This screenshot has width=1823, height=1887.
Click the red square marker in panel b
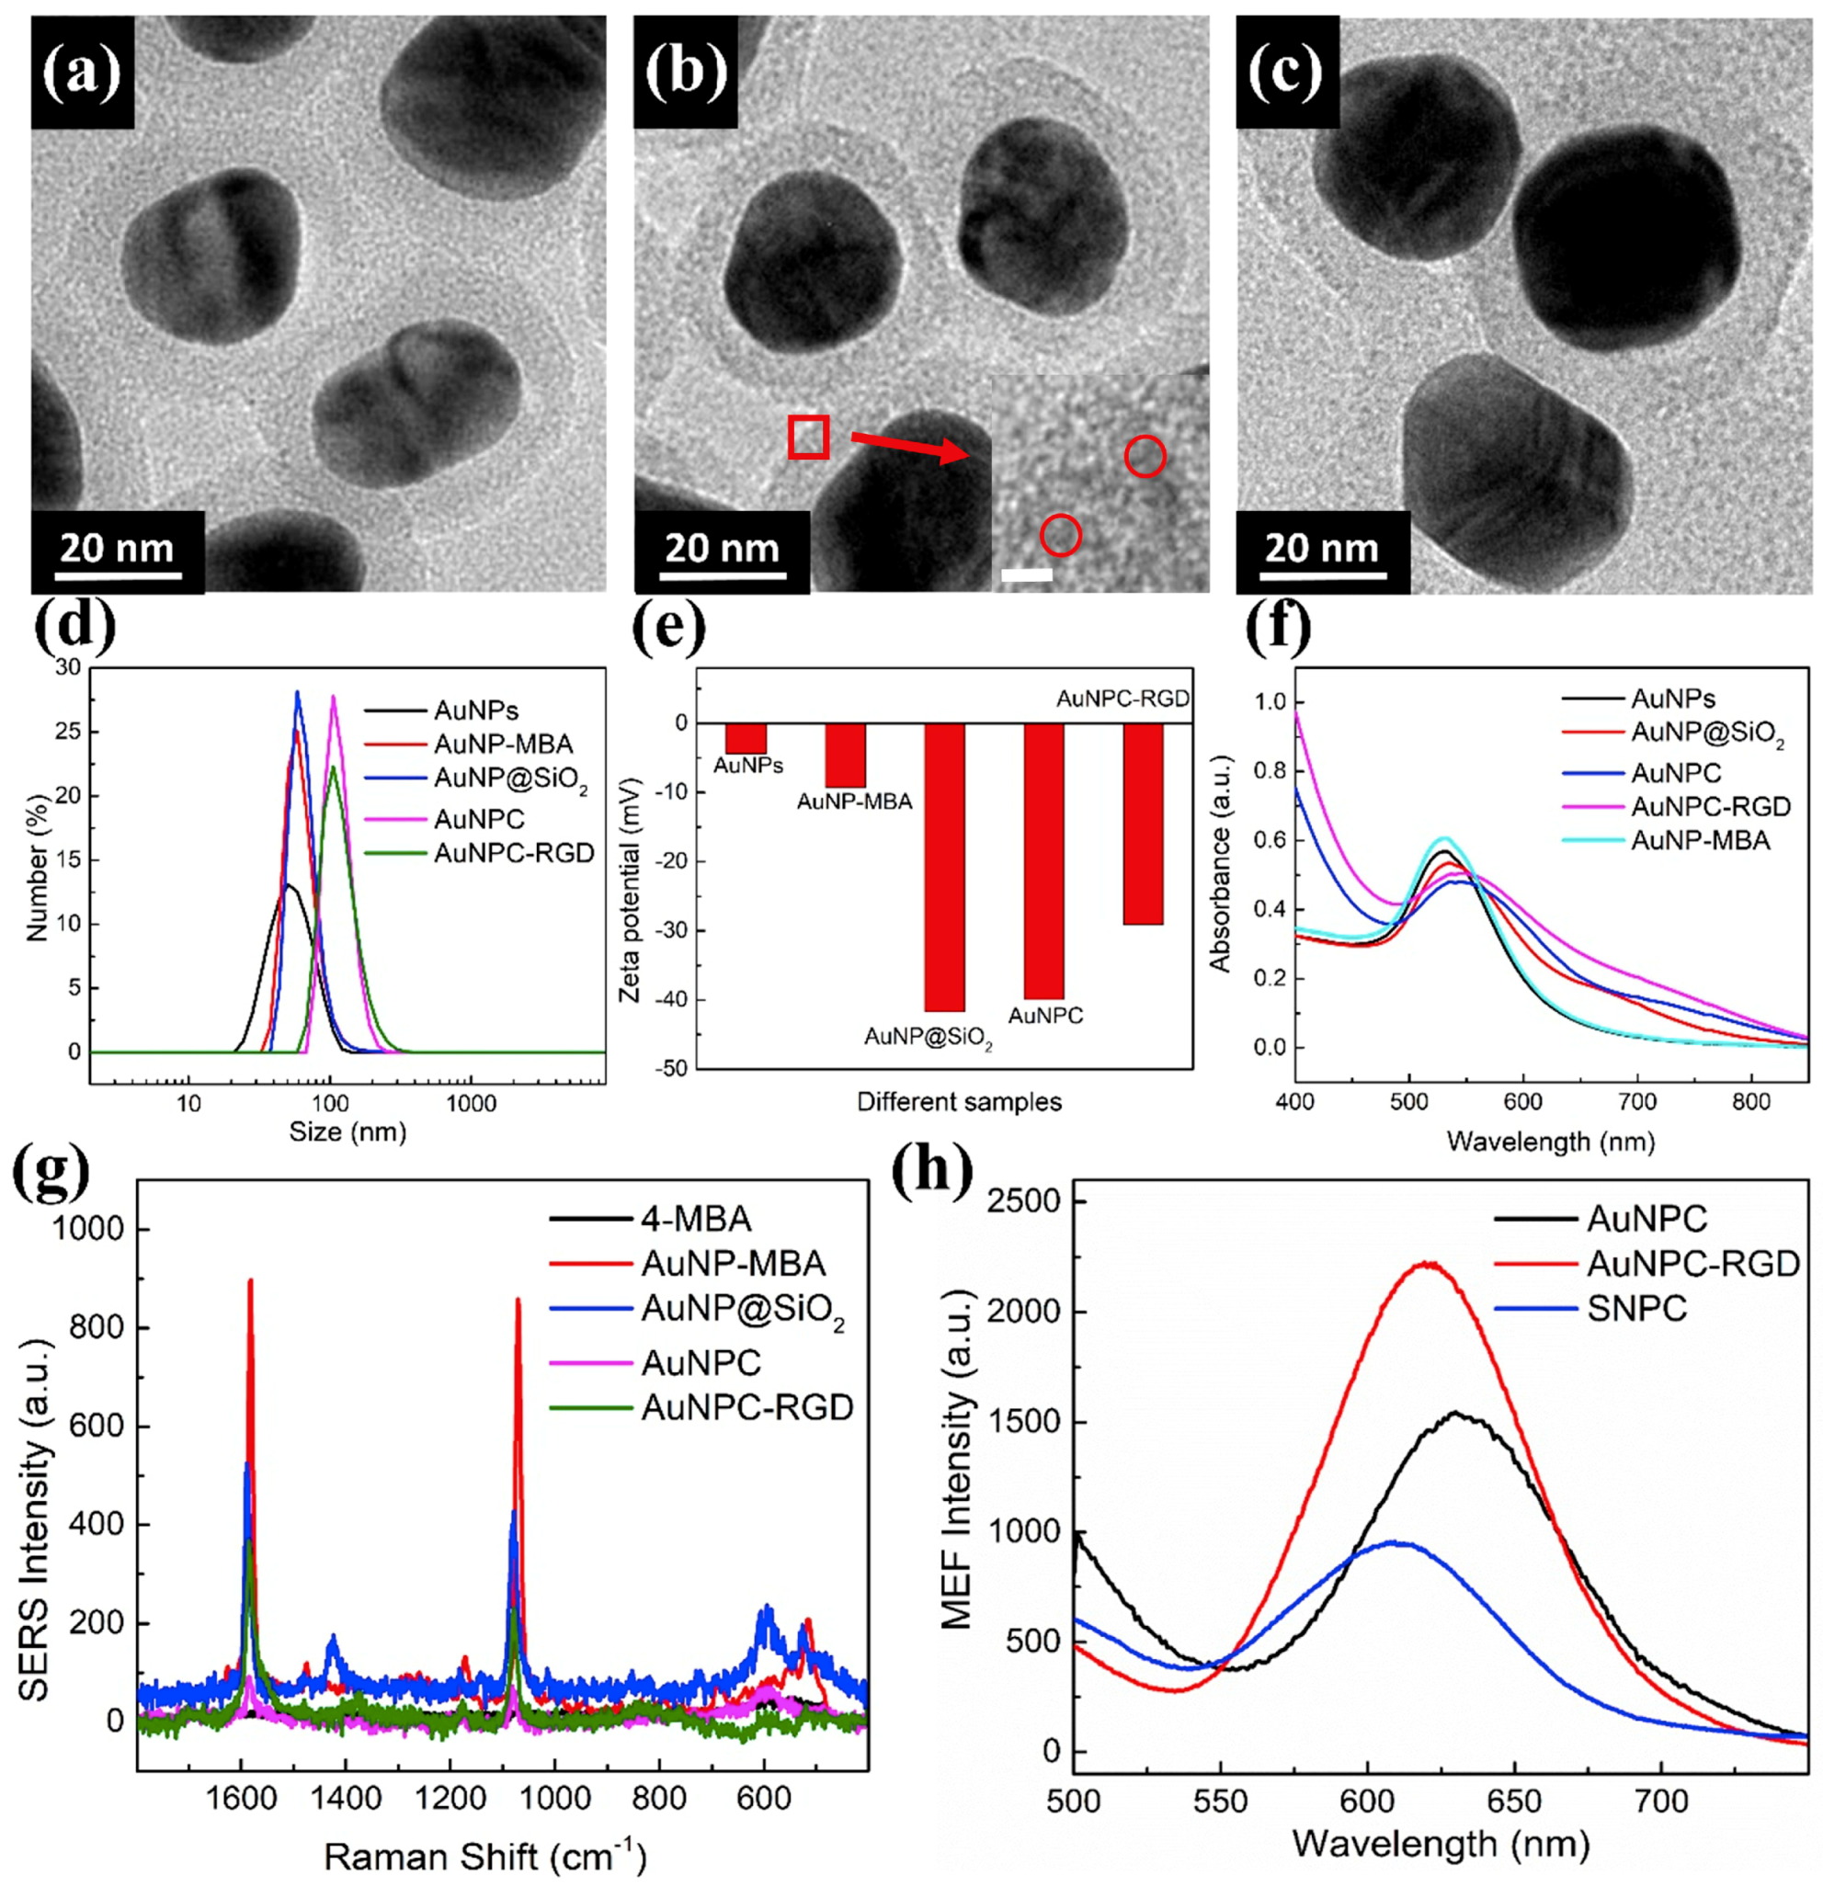coord(808,436)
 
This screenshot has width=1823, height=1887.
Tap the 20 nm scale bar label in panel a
coord(117,549)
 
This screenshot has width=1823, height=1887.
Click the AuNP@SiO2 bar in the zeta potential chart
coord(944,867)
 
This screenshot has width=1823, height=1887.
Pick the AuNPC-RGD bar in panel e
coord(1143,824)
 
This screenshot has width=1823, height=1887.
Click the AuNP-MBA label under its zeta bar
coord(854,801)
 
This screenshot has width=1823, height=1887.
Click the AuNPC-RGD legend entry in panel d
coord(514,853)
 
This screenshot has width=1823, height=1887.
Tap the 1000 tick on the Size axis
coord(471,1103)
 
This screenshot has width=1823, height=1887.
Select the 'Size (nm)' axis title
coord(348,1132)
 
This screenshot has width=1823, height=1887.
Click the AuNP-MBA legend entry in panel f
coord(1700,840)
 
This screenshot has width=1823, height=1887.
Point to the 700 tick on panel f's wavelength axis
coord(1637,1101)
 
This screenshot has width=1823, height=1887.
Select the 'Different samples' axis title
coord(959,1101)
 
